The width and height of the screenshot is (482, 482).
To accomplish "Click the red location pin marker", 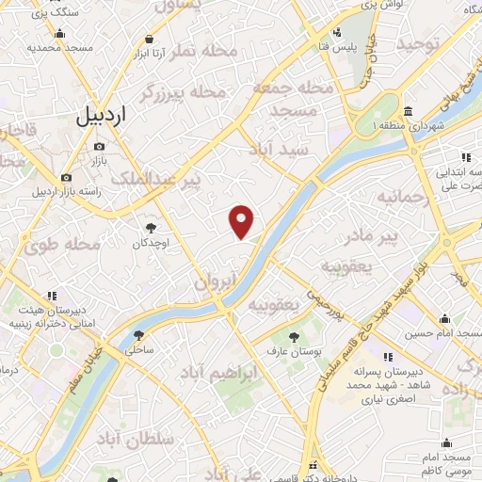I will [x=243, y=220].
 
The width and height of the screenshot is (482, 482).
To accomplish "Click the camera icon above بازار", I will [x=101, y=146].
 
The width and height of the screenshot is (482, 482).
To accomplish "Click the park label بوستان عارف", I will [x=295, y=350].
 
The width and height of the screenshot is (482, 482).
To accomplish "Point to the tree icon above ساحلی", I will [x=139, y=334].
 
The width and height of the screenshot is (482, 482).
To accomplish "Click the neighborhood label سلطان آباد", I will [x=136, y=440].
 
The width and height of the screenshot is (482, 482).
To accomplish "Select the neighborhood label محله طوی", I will [x=62, y=246].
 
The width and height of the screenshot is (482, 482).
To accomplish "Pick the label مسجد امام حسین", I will [x=444, y=333].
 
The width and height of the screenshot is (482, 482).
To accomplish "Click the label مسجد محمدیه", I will [x=58, y=46].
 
